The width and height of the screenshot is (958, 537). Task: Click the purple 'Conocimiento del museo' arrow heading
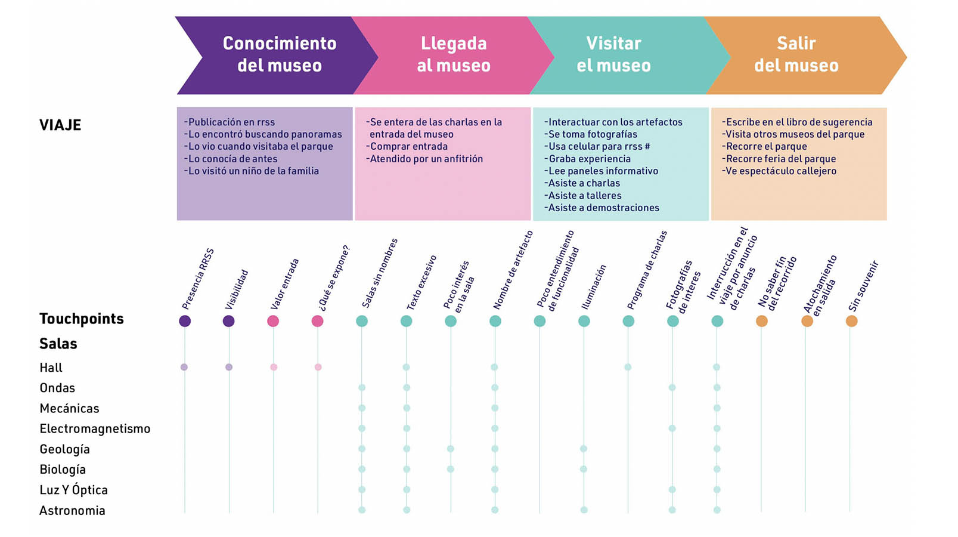pos(279,54)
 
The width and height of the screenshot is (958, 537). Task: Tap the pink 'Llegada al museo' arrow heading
pos(454,54)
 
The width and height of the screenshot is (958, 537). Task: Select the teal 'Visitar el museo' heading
pos(613,54)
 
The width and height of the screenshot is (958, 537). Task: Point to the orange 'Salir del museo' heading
pos(796,54)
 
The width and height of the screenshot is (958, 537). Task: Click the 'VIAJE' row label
pos(60,125)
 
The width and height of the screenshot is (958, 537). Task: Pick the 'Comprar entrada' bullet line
pos(408,146)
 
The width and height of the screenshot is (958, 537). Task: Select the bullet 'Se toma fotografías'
pos(591,134)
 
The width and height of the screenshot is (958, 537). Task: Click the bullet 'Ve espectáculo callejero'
pos(780,171)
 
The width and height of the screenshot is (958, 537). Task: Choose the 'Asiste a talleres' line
pos(584,195)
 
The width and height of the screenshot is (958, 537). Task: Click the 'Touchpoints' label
pos(82,319)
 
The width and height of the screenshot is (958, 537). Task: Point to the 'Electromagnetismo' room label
pos(95,428)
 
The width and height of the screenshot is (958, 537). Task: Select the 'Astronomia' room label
pos(72,510)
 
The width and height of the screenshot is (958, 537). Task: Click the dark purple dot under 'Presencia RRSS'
pos(185,321)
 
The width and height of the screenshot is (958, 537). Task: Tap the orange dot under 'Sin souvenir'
pos(851,321)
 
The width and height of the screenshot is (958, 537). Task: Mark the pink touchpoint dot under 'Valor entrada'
pos(273,321)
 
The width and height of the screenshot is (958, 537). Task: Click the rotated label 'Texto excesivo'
pos(421,283)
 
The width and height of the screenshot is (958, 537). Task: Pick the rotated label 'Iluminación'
pos(593,287)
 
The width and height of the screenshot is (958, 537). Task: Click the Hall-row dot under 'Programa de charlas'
pos(628,367)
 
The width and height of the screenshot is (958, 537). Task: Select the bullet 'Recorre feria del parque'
pos(780,159)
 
